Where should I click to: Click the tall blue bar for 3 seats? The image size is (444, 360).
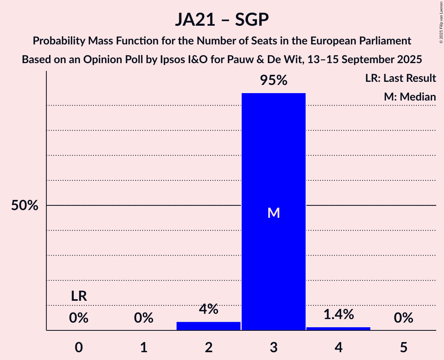[x=273, y=156]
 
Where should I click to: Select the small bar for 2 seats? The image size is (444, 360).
[x=209, y=326]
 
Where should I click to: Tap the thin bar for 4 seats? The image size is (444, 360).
[x=338, y=328]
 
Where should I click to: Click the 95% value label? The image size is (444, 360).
[x=274, y=81]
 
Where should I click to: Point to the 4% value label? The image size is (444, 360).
[x=209, y=309]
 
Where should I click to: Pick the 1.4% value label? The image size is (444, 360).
[x=338, y=314]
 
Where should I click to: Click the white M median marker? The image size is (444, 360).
[x=274, y=213]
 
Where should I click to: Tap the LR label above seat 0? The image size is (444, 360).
[x=79, y=296]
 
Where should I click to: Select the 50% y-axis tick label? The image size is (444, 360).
[x=25, y=206]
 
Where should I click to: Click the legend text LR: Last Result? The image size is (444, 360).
[x=400, y=78]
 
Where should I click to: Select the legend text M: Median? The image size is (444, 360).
[x=410, y=97]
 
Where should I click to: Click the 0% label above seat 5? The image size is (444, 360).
[x=403, y=318]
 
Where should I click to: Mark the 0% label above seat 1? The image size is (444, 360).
[x=144, y=318]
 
